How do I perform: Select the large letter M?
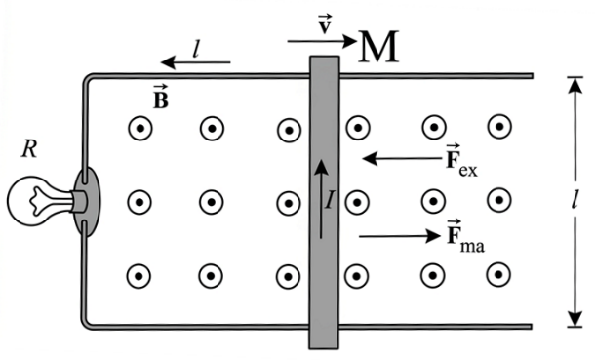(377, 47)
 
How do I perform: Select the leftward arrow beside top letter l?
(195, 62)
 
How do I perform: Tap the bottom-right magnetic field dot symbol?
(499, 274)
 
